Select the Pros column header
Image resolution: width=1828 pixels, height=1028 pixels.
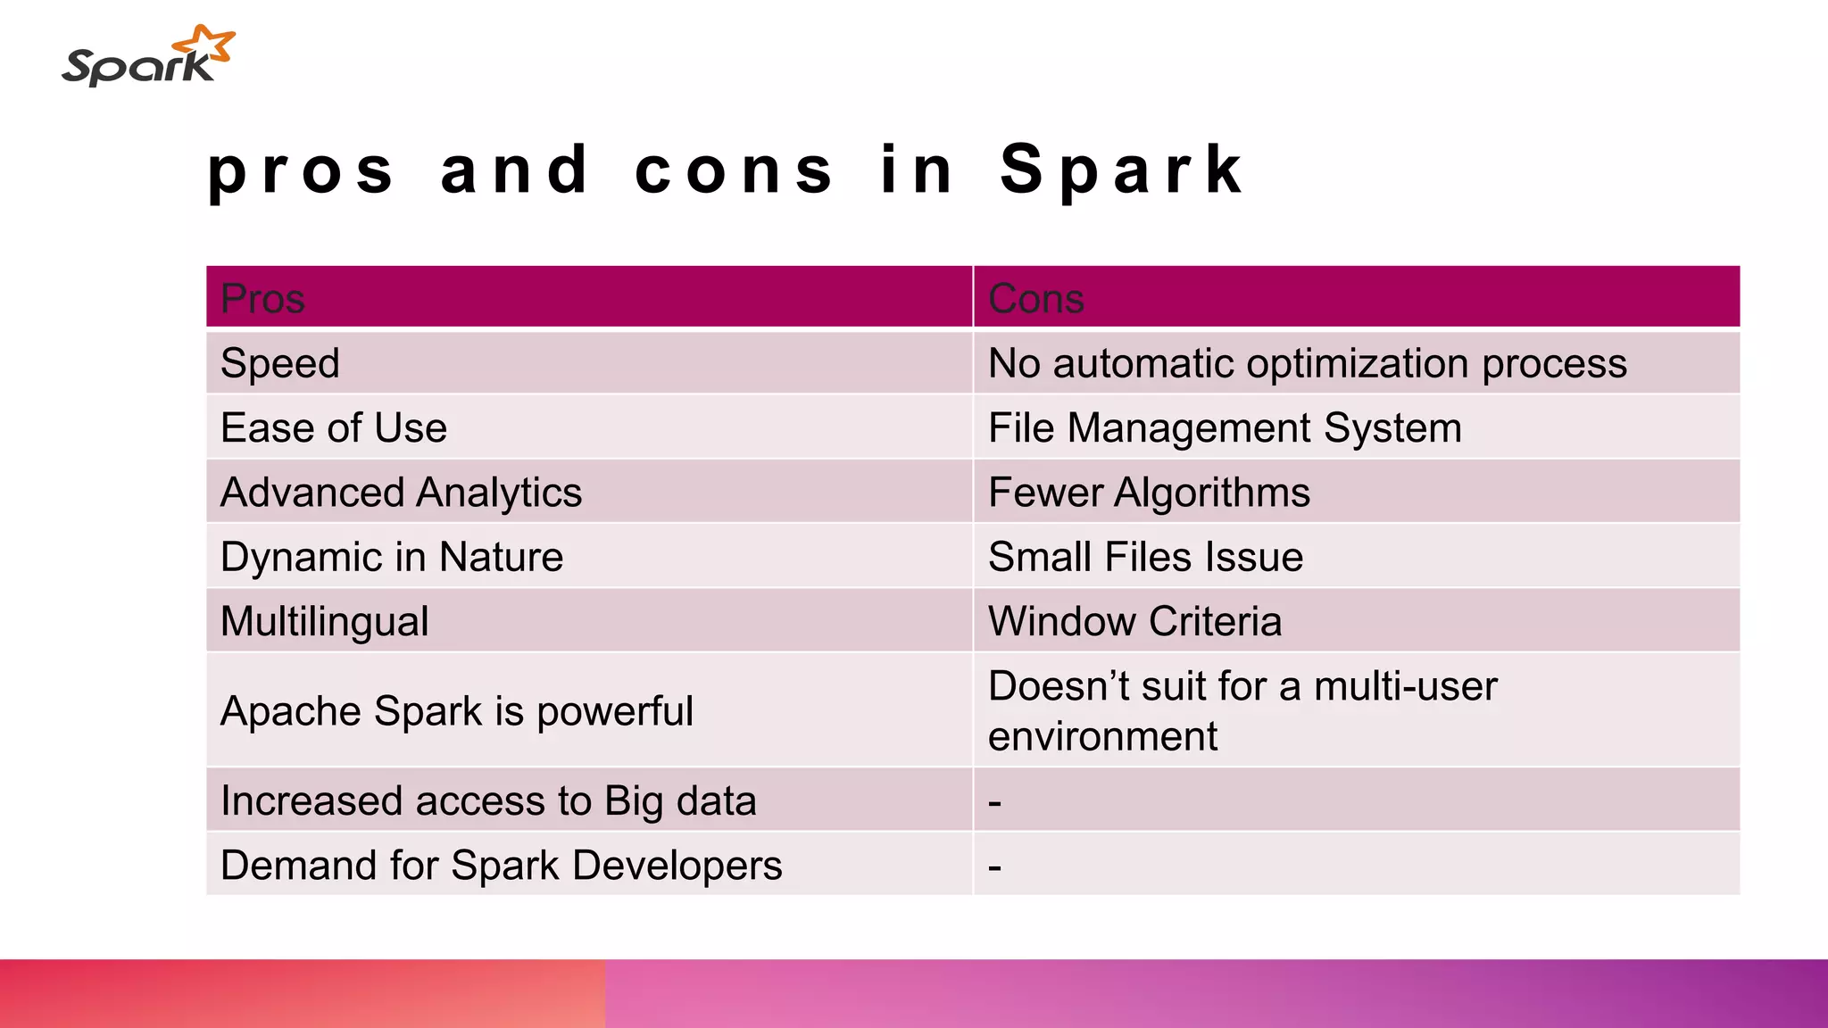pos(262,298)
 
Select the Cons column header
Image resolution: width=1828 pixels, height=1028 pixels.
pos(1035,298)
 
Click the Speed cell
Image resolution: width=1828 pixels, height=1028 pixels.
pos(279,363)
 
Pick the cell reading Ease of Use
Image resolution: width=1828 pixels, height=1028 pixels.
pos(333,427)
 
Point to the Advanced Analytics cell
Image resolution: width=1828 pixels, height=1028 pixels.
pos(401,493)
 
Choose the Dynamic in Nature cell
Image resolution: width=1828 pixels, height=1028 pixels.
pos(391,557)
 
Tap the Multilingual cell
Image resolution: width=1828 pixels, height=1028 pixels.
pos(324,622)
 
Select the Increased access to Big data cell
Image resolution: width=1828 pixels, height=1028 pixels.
pos(487,800)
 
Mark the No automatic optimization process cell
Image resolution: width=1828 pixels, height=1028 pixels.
pos(1307,363)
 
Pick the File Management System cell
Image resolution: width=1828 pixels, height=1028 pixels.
pos(1225,427)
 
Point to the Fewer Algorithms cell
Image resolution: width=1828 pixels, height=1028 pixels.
pos(1149,493)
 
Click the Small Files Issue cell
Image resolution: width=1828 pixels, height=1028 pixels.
pos(1145,557)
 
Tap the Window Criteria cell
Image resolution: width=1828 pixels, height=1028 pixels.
pos(1134,622)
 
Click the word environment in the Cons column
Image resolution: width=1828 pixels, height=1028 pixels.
pos(1102,737)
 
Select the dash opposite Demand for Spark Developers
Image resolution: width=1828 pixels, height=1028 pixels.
pos(994,866)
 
